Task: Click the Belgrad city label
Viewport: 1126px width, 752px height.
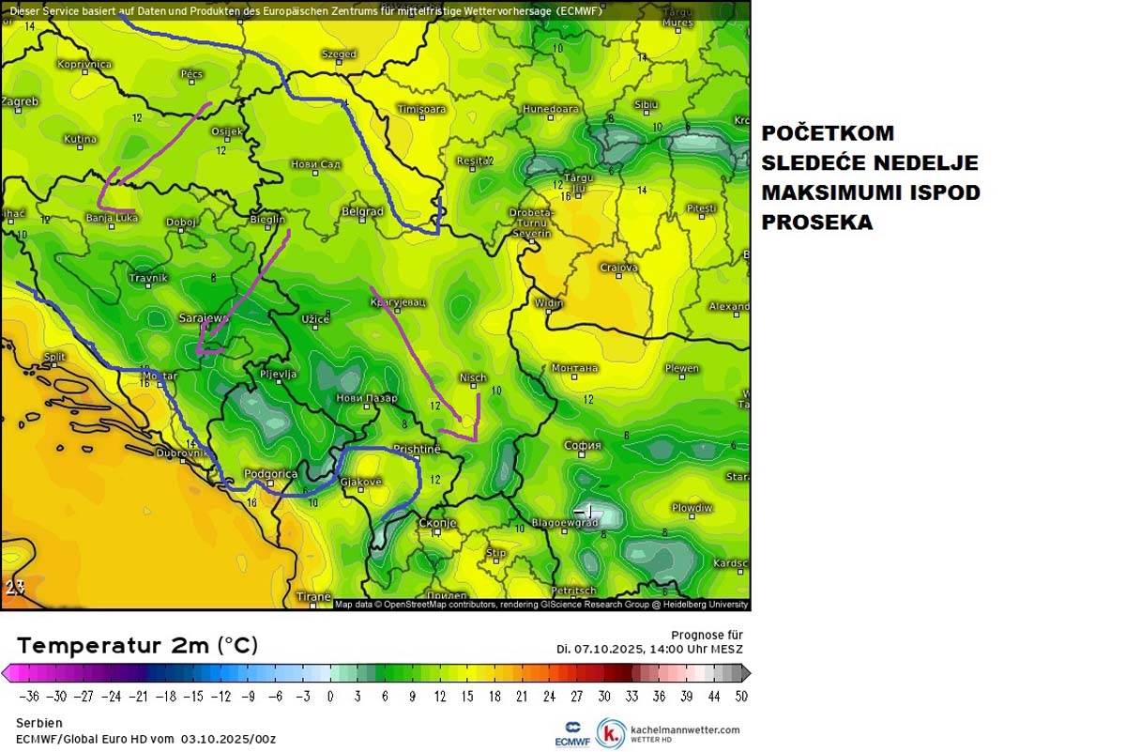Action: pyautogui.click(x=362, y=212)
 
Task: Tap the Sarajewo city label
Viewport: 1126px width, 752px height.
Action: pyautogui.click(x=203, y=318)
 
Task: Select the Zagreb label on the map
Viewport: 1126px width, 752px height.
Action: pyautogui.click(x=20, y=101)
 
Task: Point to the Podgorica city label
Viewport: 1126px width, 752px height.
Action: pyautogui.click(x=270, y=474)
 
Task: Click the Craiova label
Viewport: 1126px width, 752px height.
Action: pyautogui.click(x=618, y=268)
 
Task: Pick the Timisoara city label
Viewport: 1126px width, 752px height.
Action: pyautogui.click(x=421, y=109)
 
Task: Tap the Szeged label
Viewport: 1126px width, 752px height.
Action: pyautogui.click(x=339, y=54)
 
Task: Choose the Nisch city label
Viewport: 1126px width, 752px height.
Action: pyautogui.click(x=473, y=377)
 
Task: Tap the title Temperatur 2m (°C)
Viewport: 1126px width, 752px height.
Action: pyautogui.click(x=137, y=646)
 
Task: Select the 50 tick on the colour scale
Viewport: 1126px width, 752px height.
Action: pyautogui.click(x=740, y=697)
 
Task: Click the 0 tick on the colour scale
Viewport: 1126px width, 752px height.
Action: pyautogui.click(x=329, y=697)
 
